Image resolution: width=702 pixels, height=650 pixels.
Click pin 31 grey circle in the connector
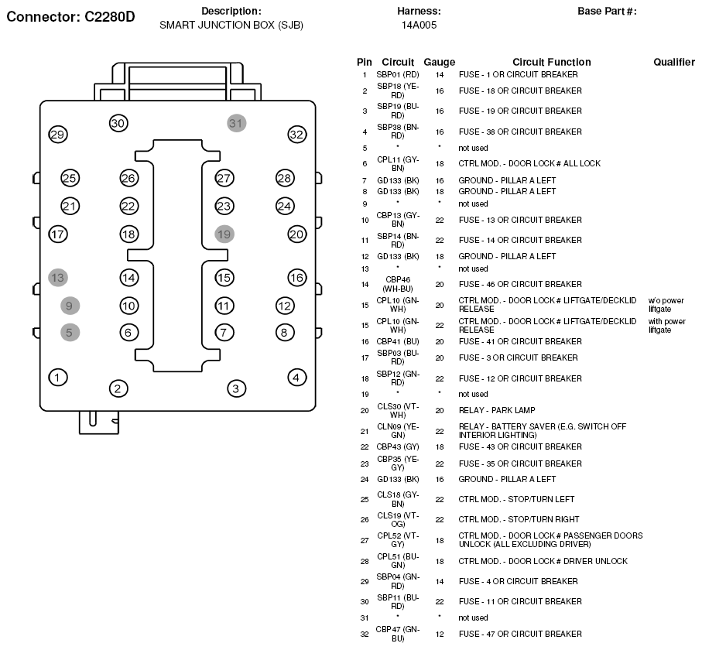point(236,123)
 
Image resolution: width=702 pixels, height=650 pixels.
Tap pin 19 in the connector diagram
point(224,234)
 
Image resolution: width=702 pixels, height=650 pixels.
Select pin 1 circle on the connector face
point(57,377)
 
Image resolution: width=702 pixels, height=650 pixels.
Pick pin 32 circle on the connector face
point(296,134)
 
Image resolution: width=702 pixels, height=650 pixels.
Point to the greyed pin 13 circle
point(57,277)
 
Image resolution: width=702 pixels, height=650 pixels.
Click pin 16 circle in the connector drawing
point(296,277)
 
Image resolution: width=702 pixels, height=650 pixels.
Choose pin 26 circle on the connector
point(128,178)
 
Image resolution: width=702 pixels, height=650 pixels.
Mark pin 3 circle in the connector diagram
point(236,388)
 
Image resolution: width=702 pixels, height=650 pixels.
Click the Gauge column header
point(439,62)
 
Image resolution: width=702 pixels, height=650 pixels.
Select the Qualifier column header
point(673,62)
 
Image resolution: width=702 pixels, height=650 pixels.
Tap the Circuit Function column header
point(551,62)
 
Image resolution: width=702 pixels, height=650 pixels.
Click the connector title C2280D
point(70,16)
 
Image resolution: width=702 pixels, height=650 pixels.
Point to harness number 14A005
point(419,25)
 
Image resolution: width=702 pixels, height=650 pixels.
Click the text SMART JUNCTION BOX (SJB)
point(231,25)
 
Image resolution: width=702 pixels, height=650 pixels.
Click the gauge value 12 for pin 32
point(439,634)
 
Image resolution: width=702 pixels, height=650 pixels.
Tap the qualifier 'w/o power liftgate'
point(666,304)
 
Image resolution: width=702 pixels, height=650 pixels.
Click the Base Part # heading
point(607,11)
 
